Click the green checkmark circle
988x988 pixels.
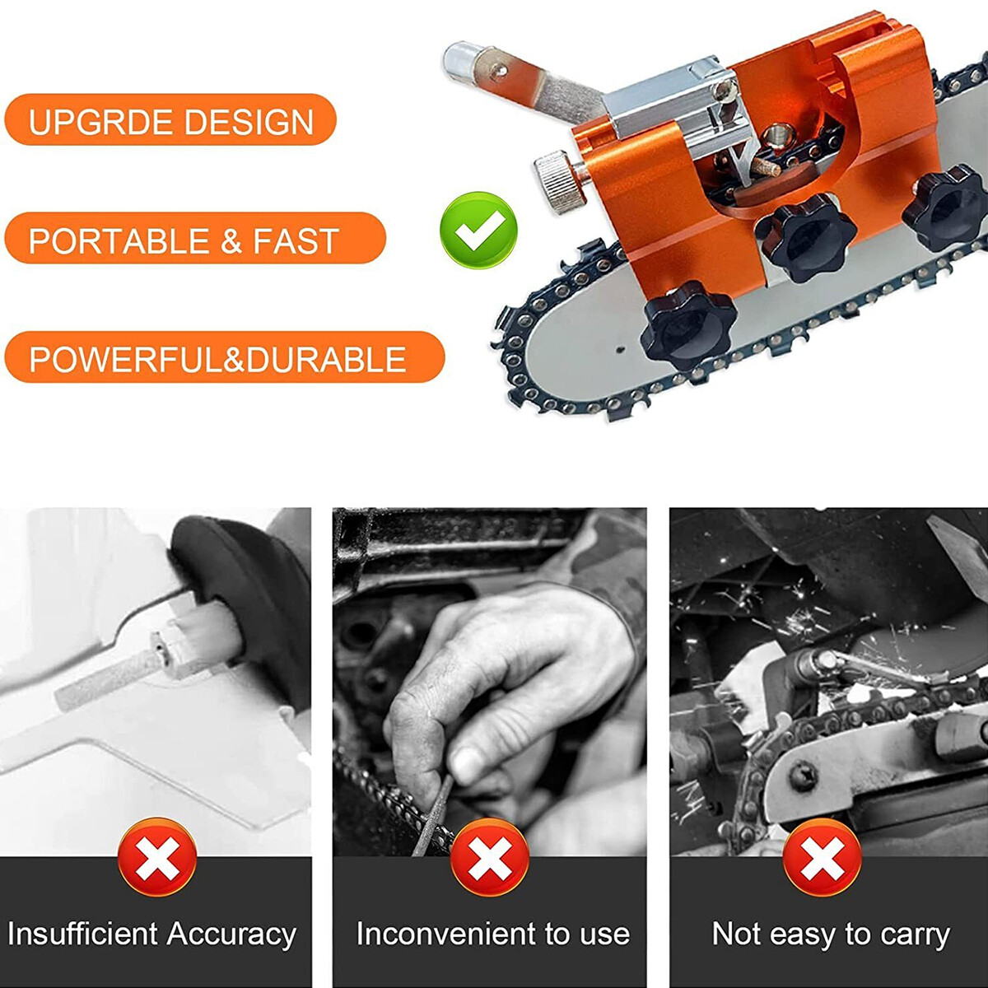pyautogui.click(x=478, y=231)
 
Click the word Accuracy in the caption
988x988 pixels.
pyautogui.click(x=231, y=934)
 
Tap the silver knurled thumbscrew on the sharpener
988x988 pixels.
pyautogui.click(x=561, y=180)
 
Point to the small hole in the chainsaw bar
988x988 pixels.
pyautogui.click(x=619, y=349)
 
